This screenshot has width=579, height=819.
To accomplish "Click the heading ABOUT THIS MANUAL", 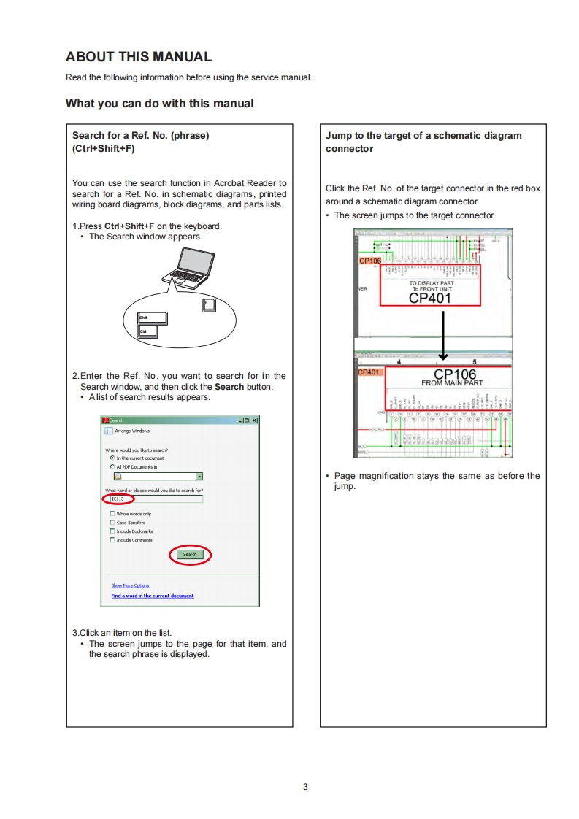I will tap(139, 57).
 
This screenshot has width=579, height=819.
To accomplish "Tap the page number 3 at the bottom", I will tap(305, 787).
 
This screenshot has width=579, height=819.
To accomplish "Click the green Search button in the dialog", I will tap(190, 555).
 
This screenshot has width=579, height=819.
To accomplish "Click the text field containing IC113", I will tap(154, 499).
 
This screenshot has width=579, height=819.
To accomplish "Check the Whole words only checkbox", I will tap(112, 514).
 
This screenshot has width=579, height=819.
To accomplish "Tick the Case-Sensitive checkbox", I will tap(112, 523).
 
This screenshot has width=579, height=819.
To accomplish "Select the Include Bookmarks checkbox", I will tap(112, 531).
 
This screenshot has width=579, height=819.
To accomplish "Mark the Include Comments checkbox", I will tap(112, 540).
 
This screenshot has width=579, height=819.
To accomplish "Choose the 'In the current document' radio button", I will tap(112, 458).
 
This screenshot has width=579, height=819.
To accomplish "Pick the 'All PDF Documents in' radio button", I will tap(112, 466).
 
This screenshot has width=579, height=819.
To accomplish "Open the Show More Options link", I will tap(130, 585).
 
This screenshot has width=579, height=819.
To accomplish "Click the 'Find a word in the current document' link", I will tap(152, 596).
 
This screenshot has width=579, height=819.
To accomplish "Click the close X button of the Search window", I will tap(255, 420).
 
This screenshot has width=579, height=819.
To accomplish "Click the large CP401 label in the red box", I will tap(430, 297).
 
